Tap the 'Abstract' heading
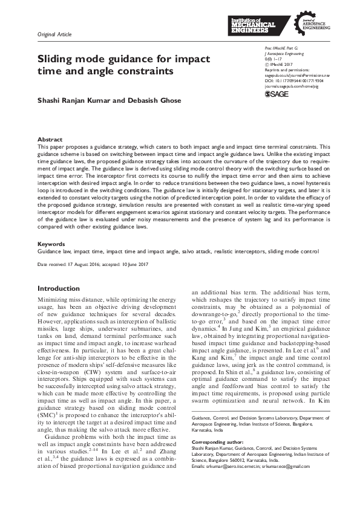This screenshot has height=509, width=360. [x=50, y=139]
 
